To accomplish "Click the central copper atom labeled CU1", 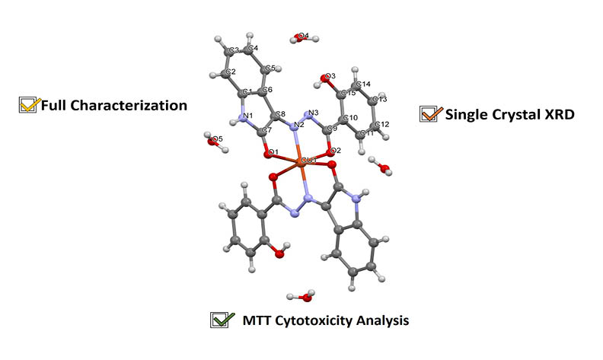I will [303, 162].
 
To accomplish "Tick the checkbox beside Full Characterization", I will [28, 105].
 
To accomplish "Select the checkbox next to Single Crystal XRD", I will [429, 114].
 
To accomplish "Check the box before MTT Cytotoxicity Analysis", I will [220, 320].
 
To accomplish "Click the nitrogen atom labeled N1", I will [244, 117].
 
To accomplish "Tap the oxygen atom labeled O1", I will [270, 155].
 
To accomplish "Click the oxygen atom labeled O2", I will [333, 151].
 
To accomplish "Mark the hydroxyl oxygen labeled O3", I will [326, 78].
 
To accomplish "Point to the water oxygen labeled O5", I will [214, 139].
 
